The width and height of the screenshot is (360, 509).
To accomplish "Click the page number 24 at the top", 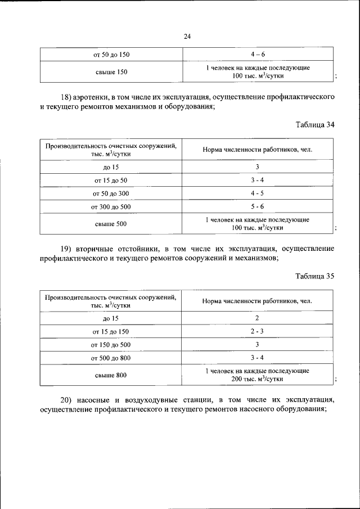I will coord(187,37).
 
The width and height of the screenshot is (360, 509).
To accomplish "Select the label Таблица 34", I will coord(315,125).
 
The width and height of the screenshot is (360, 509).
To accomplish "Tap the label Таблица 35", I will coord(315,276).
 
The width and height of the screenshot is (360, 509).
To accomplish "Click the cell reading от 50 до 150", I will coord(111,55).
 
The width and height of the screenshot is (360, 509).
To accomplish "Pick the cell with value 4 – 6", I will coord(258,55).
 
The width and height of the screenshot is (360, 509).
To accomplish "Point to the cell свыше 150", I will coord(111,71).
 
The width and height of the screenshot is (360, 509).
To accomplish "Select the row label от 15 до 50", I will coord(111,180).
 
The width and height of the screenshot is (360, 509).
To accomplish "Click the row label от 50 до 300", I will coord(111,193).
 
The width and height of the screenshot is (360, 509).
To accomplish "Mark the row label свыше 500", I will coord(111,223).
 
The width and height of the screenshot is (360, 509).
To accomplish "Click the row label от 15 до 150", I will coord(111,331).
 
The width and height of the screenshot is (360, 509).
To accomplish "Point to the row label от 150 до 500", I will coord(111,344).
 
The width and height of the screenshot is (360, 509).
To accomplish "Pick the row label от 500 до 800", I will coord(111,358).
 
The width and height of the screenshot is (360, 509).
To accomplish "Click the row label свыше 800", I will coord(111,375).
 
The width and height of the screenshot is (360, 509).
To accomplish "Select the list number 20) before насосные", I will coord(68,399).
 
